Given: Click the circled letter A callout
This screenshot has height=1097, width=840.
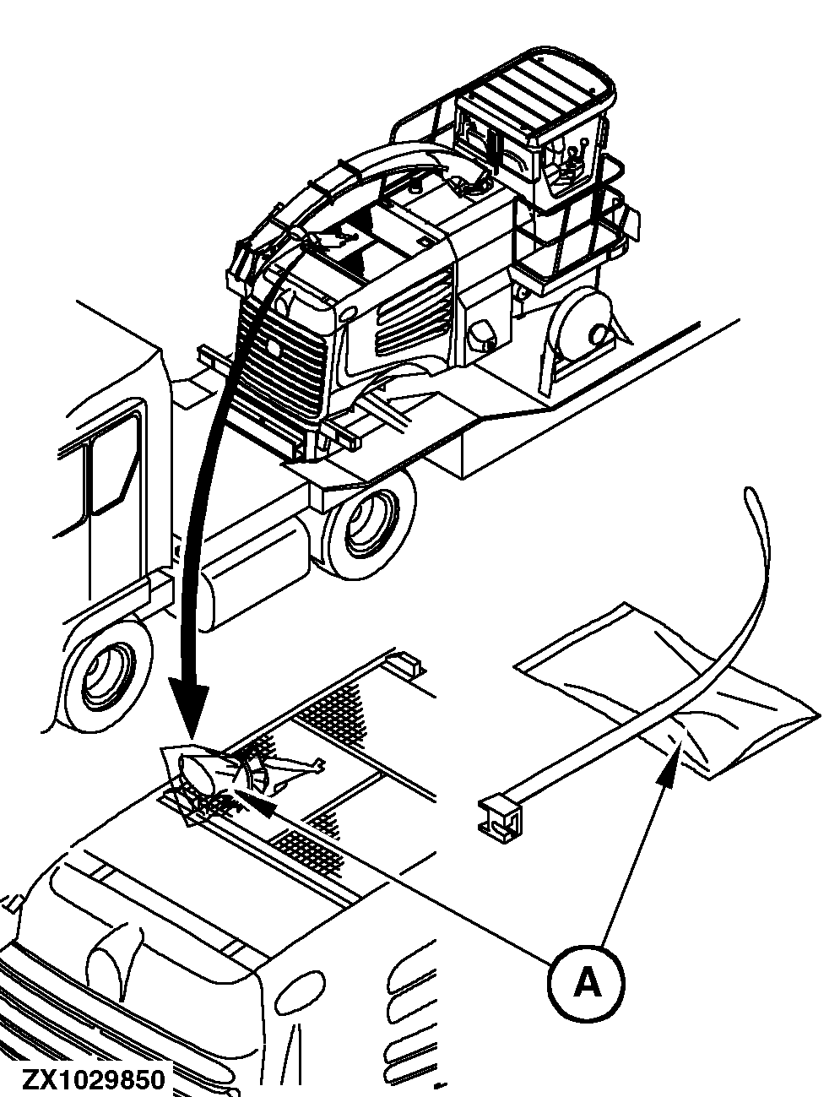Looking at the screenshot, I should point(587,982).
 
